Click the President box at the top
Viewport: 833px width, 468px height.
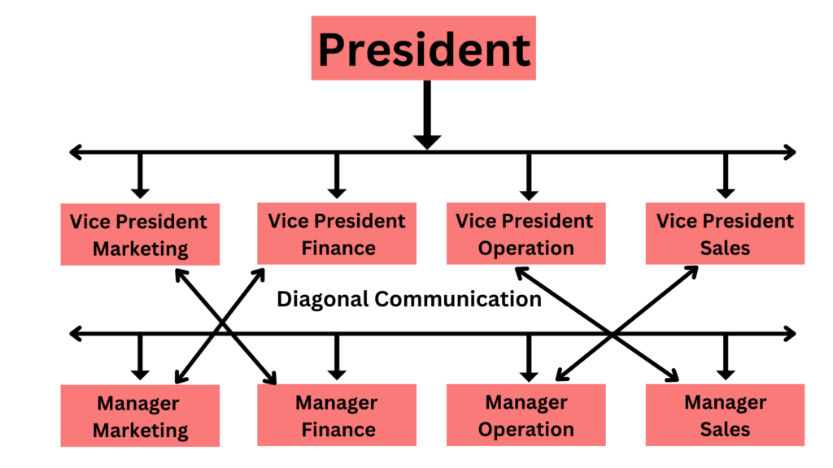coord(423,48)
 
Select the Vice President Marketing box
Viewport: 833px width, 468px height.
coord(140,234)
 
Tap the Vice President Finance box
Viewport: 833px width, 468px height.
coord(337,233)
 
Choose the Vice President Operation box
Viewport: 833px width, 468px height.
coord(526,233)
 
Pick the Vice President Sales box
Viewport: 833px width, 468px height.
coord(725,233)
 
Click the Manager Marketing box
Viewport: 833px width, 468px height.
coord(140,416)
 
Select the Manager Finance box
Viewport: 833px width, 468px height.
coord(337,415)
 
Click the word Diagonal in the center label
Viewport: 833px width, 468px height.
coord(323,299)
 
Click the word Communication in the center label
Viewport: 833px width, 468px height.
coord(458,299)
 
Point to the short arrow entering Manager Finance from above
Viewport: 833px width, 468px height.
coord(337,357)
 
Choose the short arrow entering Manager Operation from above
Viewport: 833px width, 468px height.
coord(529,357)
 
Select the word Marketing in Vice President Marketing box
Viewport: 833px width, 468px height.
coord(140,248)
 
